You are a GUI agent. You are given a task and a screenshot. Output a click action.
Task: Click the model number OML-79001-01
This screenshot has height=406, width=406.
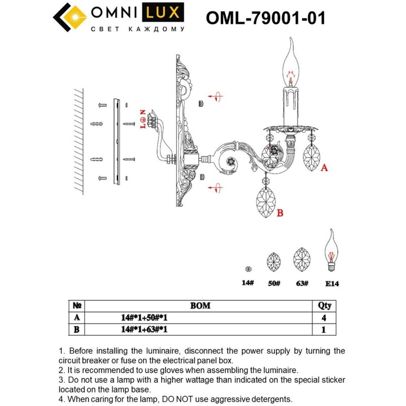(265, 18)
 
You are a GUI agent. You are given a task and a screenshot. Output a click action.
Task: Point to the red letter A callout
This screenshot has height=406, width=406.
(324, 167)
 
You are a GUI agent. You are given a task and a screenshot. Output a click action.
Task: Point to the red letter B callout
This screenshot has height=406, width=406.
(280, 213)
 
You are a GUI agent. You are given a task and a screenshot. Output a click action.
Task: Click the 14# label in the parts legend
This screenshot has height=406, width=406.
(248, 283)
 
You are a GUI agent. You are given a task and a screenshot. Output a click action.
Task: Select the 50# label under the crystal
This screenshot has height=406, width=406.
(274, 283)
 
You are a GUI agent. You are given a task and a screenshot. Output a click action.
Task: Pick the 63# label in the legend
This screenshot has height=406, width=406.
(302, 283)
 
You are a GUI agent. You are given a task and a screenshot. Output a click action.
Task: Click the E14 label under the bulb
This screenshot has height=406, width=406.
(332, 284)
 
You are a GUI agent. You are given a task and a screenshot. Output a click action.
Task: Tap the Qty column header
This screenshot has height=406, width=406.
(324, 305)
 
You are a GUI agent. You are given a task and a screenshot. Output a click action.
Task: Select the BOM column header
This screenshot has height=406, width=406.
(200, 305)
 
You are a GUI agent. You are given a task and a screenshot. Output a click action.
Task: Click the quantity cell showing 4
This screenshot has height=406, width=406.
(324, 318)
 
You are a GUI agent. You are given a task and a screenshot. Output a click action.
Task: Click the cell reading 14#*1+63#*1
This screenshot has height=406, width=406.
(144, 329)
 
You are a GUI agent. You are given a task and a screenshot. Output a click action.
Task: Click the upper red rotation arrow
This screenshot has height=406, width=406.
(216, 96)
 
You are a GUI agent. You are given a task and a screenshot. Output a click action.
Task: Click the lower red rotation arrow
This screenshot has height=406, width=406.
(216, 187)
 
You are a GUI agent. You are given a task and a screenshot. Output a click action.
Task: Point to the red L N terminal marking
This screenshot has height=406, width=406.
(143, 119)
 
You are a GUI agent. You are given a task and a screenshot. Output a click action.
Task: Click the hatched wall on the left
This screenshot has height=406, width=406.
(79, 141)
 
